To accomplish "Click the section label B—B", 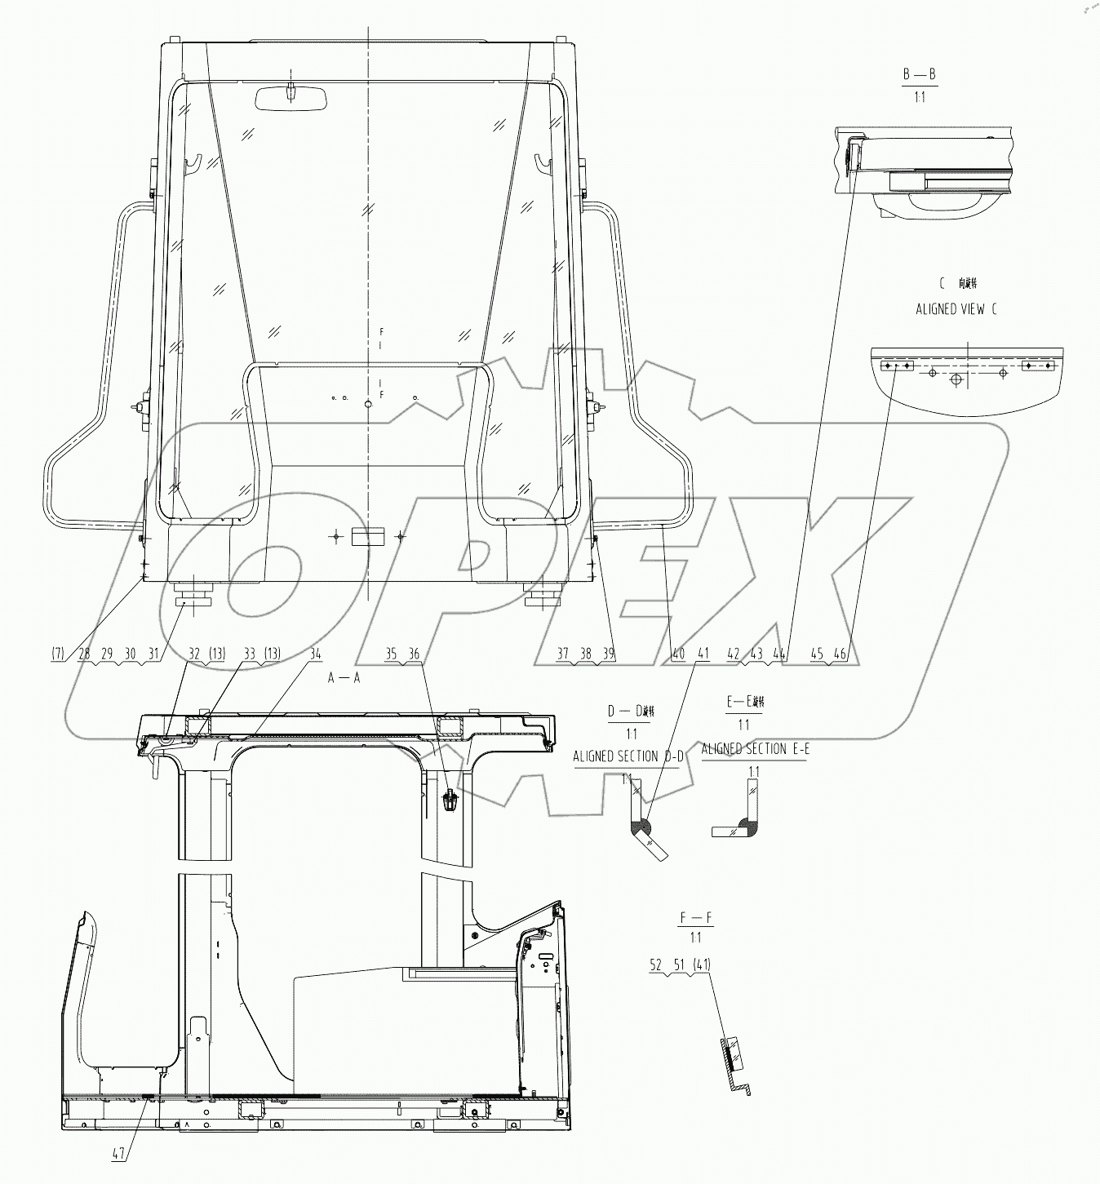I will point(919,74).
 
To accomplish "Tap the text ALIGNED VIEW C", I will point(956,309).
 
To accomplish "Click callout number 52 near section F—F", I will point(656,964).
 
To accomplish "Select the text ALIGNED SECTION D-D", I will point(627,756).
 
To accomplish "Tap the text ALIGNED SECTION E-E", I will point(754,748).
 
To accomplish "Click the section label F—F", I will point(695,919).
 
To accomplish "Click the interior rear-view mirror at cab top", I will point(291,98).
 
